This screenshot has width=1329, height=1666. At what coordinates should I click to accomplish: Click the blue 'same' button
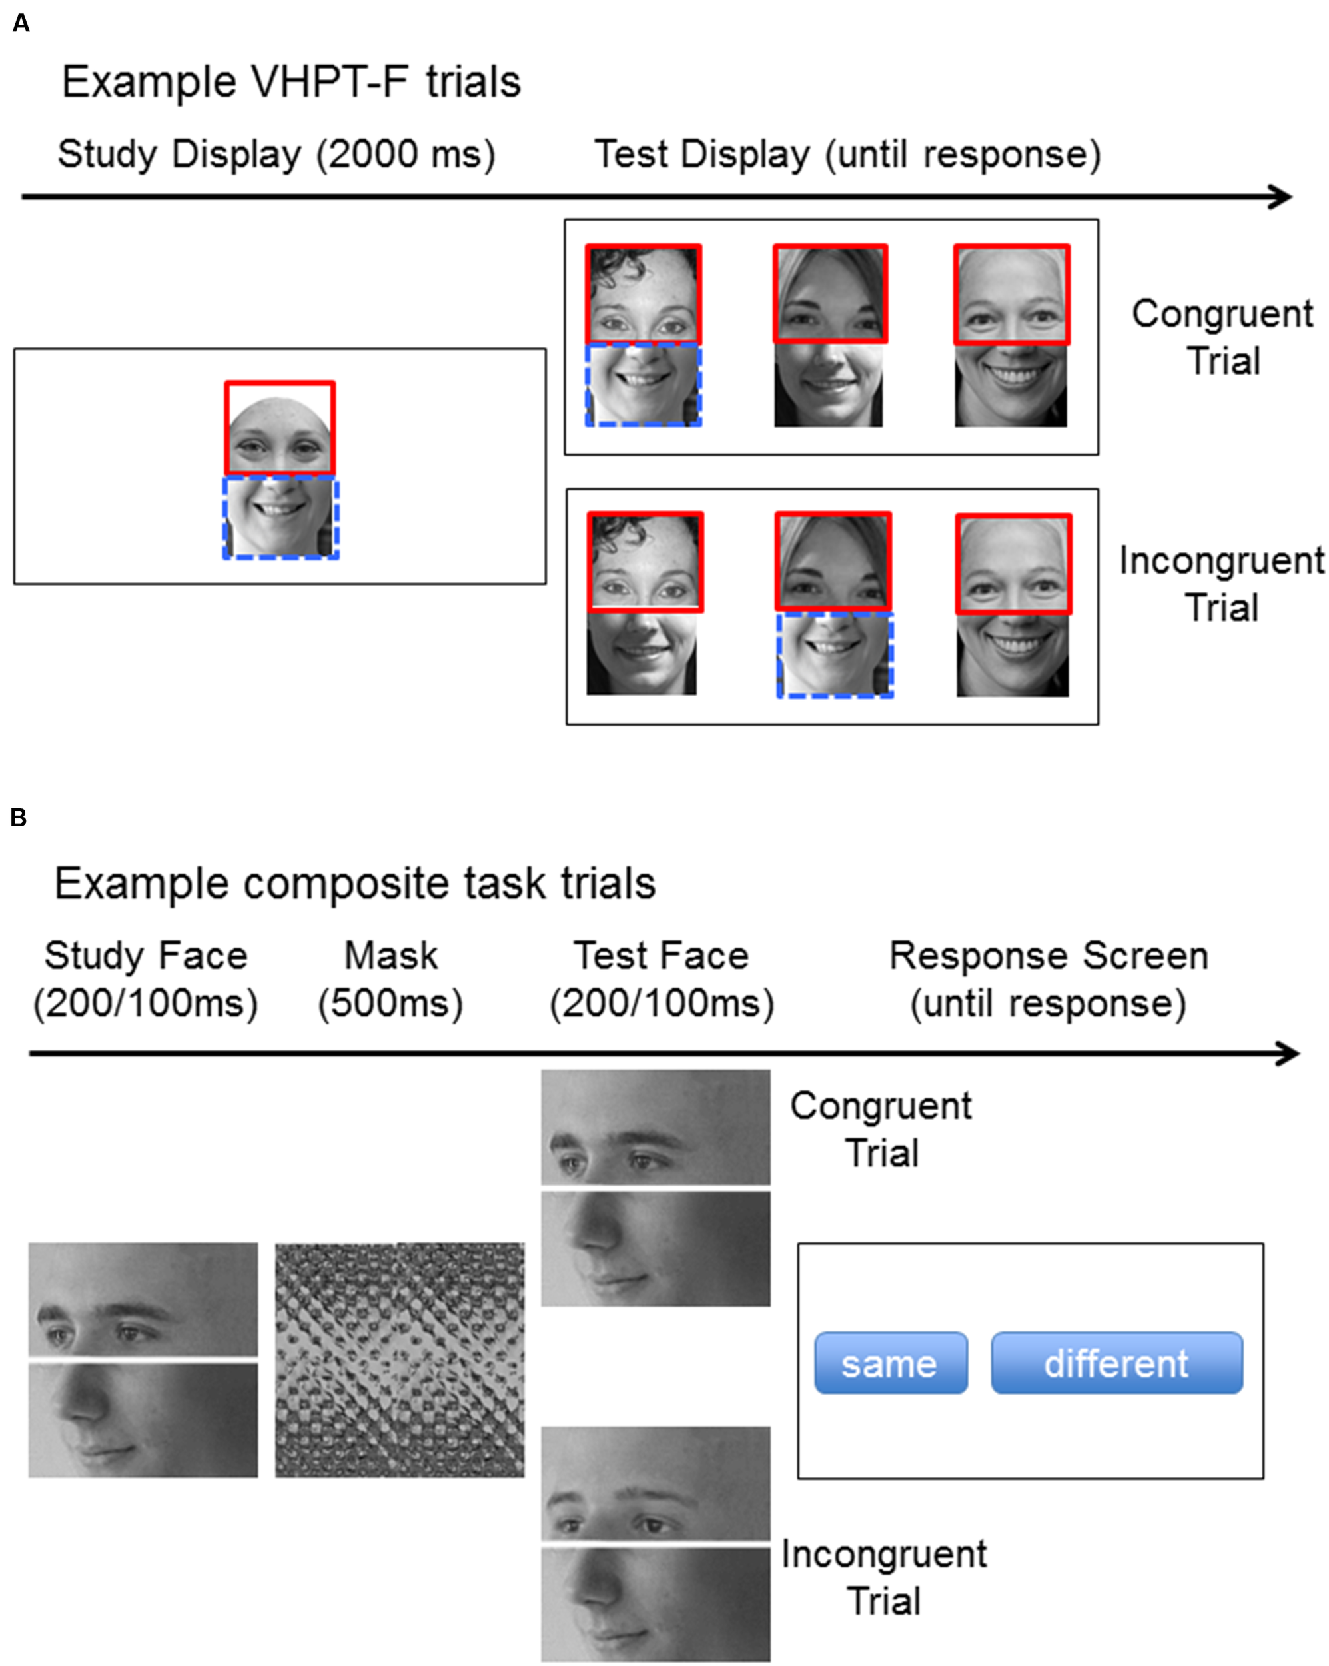890,1364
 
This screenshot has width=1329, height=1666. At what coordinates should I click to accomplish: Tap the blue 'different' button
1116,1364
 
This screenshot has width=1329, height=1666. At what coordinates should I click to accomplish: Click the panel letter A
21,23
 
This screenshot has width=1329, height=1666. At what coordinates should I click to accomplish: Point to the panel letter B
19,818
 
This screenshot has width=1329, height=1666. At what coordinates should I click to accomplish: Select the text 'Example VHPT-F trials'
291,82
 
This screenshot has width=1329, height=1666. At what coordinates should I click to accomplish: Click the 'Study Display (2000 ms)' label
276,154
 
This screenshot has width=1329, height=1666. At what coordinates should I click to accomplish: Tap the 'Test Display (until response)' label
847,154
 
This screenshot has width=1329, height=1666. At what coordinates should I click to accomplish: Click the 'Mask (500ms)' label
391,979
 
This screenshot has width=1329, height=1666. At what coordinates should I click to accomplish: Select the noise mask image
400,1360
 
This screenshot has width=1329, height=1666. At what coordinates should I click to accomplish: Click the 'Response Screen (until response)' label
1049,979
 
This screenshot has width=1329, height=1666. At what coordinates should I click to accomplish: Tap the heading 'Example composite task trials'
354,882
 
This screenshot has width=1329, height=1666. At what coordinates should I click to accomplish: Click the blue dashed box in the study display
280,518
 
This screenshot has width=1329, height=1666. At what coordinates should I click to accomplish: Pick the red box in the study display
280,427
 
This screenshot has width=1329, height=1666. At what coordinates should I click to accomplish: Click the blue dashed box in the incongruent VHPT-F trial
835,655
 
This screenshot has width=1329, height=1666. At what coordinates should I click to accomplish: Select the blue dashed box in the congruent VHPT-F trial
643,385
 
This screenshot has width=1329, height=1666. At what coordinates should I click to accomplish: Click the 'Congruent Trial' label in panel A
1222,337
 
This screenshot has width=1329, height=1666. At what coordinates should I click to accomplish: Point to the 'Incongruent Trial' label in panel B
884,1577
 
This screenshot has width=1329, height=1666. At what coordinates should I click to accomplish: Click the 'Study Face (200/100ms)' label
145,979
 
